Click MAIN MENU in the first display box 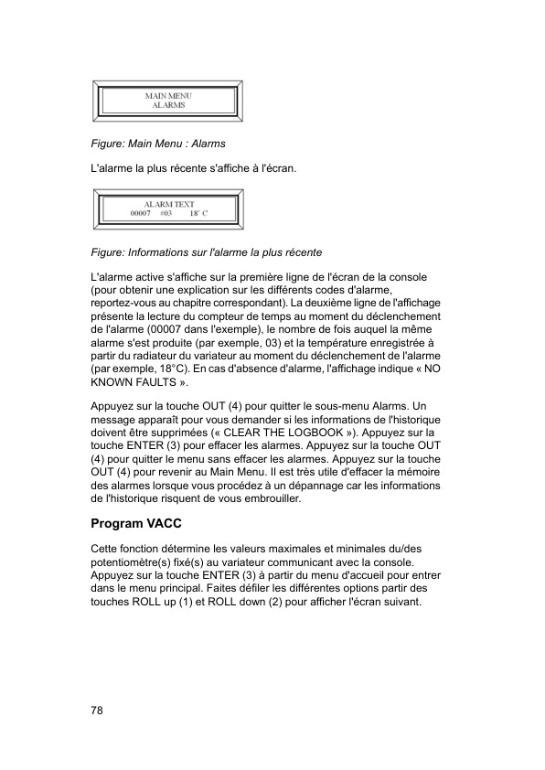coord(168,95)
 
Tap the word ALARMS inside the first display coord(168,105)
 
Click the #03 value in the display coord(166,213)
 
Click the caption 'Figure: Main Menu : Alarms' coord(158,144)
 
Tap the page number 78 coord(97,711)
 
